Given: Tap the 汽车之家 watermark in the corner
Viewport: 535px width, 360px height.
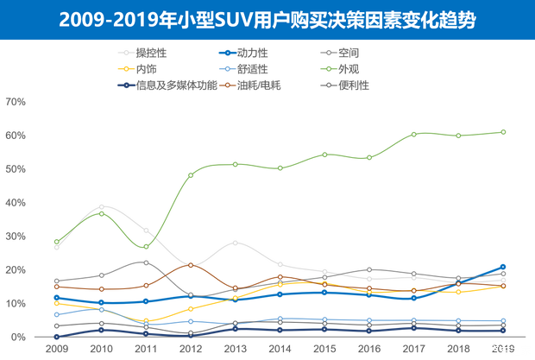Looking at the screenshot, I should pyautogui.click(x=510, y=350).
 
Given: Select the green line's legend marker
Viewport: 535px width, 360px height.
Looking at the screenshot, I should pyautogui.click(x=324, y=68).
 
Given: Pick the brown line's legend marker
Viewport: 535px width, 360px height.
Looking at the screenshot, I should pyautogui.click(x=225, y=85).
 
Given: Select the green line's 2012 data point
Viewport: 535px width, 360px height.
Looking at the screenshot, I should pyautogui.click(x=191, y=175).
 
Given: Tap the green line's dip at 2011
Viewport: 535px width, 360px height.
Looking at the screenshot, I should pyautogui.click(x=146, y=247).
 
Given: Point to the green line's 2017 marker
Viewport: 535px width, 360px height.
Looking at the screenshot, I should pyautogui.click(x=414, y=134).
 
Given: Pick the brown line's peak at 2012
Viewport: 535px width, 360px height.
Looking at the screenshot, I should pyautogui.click(x=191, y=265).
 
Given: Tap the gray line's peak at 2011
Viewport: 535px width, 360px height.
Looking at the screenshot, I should pyautogui.click(x=146, y=262).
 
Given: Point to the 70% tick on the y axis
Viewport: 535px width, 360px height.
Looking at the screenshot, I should pyautogui.click(x=17, y=103).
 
